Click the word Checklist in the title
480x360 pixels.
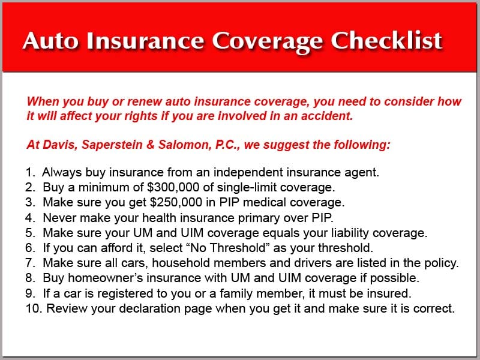click(386, 40)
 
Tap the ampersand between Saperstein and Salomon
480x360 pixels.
click(151, 145)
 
